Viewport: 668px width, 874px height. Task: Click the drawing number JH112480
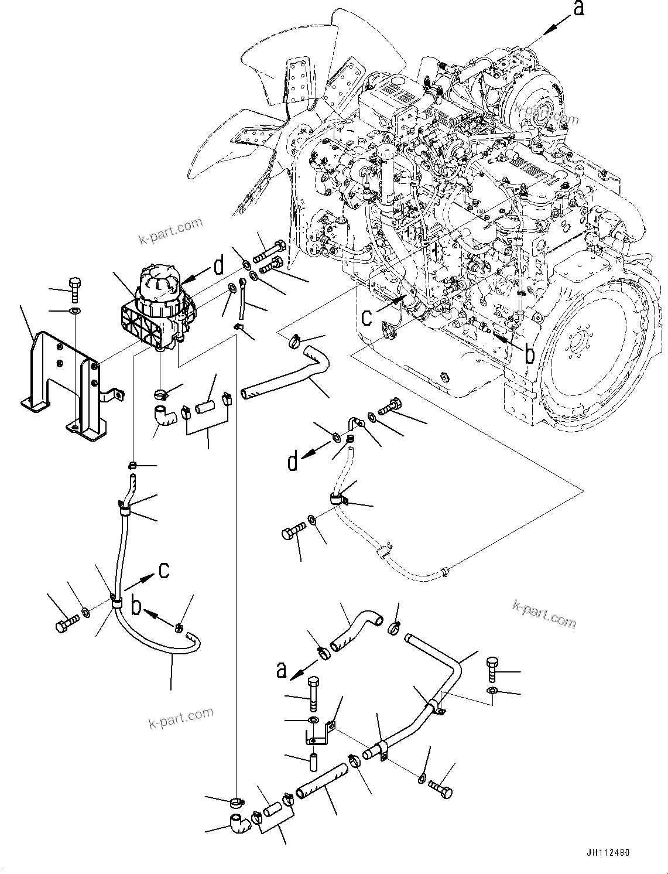coord(605,852)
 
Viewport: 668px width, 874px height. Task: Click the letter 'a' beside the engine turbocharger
coord(578,9)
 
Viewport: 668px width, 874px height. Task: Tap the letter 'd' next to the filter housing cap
coord(218,267)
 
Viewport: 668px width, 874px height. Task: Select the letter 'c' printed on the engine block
coord(367,317)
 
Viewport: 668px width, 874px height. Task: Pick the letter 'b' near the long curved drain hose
coord(136,607)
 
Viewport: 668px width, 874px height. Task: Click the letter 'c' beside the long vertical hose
coord(165,569)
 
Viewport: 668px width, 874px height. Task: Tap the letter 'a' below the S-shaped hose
coord(282,670)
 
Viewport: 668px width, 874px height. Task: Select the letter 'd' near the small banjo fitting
coord(292,462)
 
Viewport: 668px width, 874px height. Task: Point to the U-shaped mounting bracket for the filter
coord(64,384)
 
